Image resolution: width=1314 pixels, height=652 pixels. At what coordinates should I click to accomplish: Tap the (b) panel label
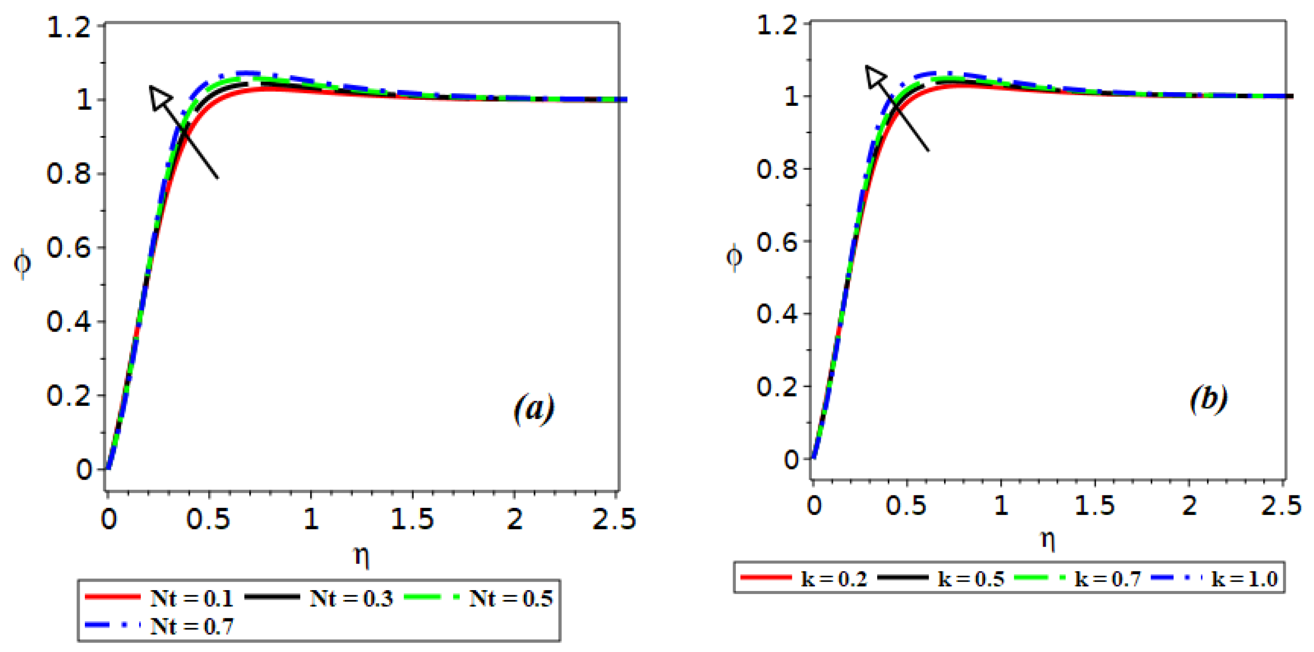[1208, 399]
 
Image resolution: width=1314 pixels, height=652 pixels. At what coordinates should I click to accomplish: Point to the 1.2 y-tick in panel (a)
[68, 26]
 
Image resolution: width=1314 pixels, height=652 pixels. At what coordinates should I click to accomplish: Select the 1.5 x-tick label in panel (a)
[412, 519]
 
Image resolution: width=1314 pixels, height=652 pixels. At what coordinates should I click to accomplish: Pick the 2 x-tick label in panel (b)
[1189, 506]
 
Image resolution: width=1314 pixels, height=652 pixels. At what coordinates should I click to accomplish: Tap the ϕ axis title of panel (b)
[734, 257]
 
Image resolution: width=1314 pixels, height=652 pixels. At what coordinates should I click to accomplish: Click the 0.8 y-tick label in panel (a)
[68, 174]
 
